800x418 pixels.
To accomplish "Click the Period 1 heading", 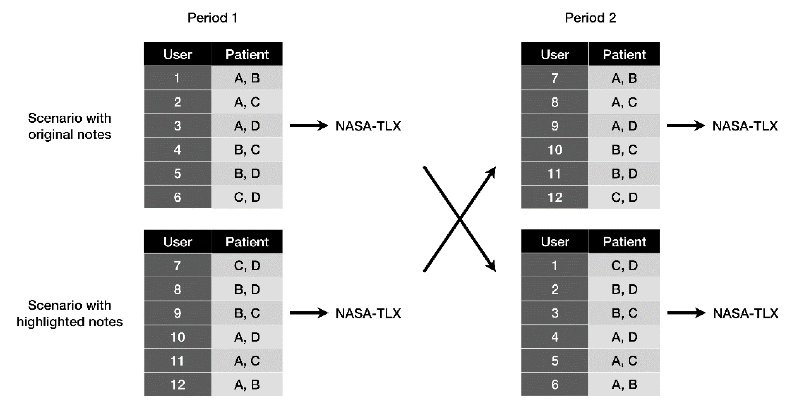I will pos(213,18).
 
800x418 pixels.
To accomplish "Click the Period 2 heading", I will pos(590,18).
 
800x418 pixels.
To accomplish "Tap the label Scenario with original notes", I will pos(70,126).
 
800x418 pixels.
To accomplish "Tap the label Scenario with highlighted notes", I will pos(70,313).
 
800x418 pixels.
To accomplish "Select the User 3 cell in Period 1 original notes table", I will pos(177,126).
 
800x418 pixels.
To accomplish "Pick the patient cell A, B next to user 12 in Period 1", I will pos(247,384).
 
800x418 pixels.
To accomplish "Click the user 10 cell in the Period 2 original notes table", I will pos(555,150).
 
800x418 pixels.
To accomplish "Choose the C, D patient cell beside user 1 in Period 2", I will pos(624,265).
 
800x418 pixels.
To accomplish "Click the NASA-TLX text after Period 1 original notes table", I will pos(368,126).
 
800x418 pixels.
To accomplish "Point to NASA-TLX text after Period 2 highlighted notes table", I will pos(746,313).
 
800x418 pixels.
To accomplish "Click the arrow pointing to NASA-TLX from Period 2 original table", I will pos(685,126).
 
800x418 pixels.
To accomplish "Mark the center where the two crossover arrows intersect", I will pos(460,219).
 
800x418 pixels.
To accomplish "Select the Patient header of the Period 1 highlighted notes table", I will pos(247,241).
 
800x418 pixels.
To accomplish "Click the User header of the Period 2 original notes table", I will pos(555,54).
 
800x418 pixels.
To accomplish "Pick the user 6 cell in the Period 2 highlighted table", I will pos(555,384).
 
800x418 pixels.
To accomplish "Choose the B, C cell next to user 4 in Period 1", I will pos(247,150).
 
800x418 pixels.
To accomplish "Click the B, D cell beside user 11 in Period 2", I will pos(624,173).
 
